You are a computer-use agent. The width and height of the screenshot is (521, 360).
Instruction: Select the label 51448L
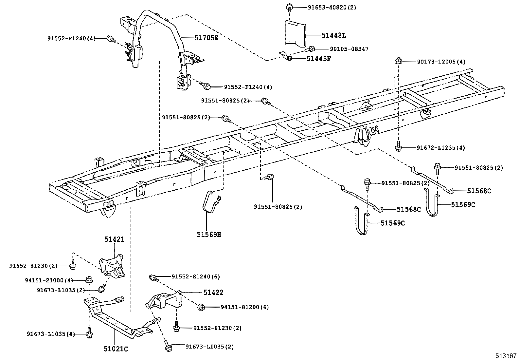(x=330, y=35)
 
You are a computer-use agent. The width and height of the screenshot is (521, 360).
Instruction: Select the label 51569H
(x=209, y=235)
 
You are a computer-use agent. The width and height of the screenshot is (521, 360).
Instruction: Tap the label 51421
(x=114, y=239)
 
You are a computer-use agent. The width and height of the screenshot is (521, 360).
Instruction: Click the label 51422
(x=213, y=292)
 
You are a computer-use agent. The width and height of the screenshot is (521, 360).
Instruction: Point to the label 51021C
(x=116, y=349)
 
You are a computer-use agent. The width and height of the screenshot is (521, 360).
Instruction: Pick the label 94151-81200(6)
(x=244, y=307)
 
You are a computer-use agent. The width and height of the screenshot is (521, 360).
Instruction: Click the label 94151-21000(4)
(x=49, y=280)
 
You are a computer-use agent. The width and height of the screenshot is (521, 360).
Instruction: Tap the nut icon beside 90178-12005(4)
(x=398, y=61)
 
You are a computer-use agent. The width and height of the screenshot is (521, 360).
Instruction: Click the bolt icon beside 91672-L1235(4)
(x=398, y=147)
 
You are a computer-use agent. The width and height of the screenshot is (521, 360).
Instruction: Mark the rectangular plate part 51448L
(x=295, y=33)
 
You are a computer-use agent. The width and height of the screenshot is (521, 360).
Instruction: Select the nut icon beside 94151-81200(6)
(x=201, y=307)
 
